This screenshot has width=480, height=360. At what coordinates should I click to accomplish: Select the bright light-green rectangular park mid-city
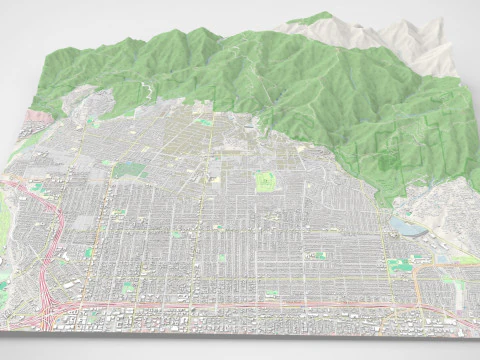coord(265,182)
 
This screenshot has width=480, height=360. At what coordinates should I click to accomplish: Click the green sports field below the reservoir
coord(400,264)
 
